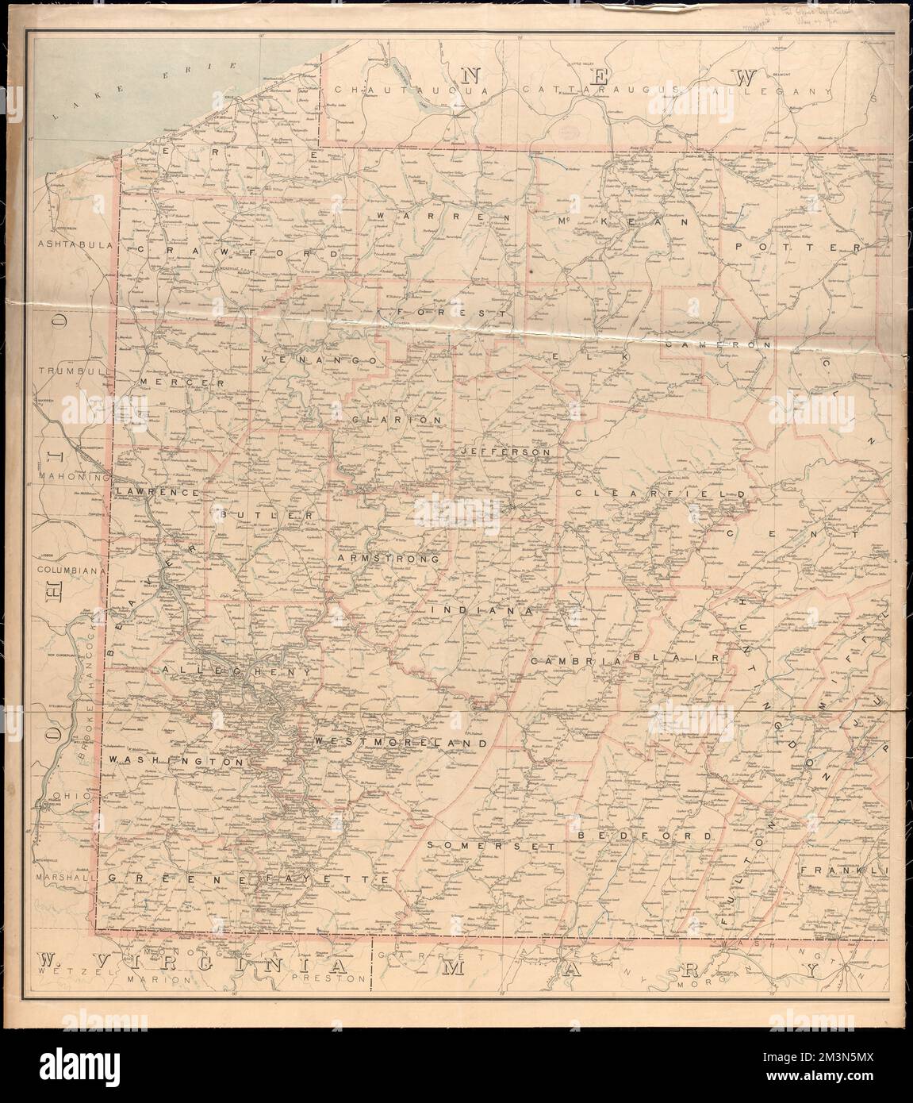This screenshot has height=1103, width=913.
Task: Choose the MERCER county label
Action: [x=178, y=382]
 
